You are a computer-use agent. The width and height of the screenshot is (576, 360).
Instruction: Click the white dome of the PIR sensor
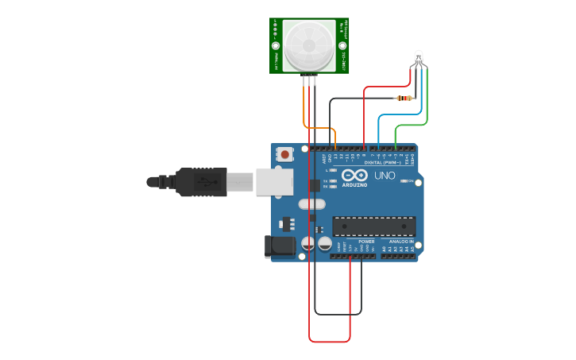pyautogui.click(x=308, y=45)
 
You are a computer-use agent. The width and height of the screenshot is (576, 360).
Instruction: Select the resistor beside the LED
pyautogui.click(x=405, y=99)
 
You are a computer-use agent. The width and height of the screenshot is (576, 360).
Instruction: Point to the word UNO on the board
pyautogui.click(x=385, y=175)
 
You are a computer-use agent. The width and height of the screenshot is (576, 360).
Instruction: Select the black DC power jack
pyautogui.click(x=280, y=246)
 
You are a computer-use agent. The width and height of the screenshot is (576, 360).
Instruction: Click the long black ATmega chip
pyautogui.click(x=373, y=226)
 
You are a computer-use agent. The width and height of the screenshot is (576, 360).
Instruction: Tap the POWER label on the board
pyautogui.click(x=366, y=242)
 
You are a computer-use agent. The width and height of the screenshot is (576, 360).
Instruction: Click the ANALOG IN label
pyautogui.click(x=400, y=242)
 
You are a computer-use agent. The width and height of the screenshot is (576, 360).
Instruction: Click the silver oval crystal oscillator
pyautogui.click(x=312, y=204)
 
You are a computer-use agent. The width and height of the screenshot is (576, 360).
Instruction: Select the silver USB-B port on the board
pyautogui.click(x=274, y=181)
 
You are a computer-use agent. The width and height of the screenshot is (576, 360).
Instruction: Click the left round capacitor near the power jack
pyautogui.click(x=308, y=244)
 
